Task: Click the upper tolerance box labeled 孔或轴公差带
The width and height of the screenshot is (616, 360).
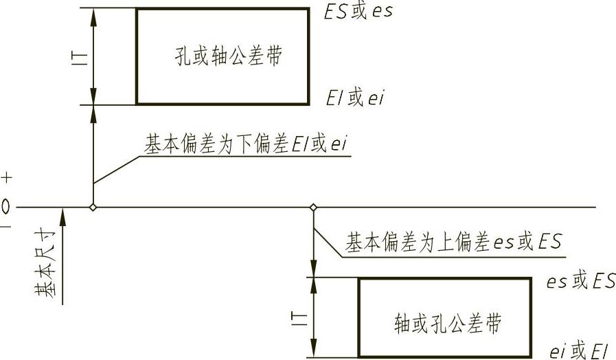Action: click(222, 56)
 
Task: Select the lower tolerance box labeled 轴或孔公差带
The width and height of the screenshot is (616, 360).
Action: click(444, 318)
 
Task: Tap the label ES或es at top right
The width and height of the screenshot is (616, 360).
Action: click(358, 12)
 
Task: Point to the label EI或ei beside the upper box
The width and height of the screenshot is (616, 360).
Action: click(355, 98)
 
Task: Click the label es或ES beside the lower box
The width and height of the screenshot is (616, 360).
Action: click(579, 281)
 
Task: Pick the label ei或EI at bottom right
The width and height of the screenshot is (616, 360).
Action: click(579, 351)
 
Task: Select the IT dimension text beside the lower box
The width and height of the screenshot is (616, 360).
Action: click(300, 317)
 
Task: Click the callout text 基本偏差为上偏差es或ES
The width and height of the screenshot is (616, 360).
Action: click(453, 242)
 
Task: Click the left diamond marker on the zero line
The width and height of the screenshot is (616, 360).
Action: click(93, 207)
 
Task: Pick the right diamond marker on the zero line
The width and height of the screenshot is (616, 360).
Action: click(314, 207)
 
